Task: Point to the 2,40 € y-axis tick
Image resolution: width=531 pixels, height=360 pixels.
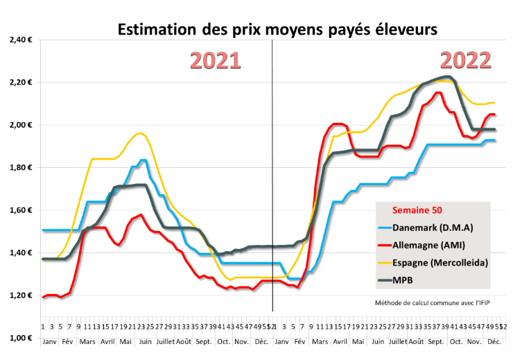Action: pos(21,40)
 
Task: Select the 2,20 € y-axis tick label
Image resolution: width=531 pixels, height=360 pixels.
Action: pos(21,83)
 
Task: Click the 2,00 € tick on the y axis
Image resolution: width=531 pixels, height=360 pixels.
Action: pos(21,125)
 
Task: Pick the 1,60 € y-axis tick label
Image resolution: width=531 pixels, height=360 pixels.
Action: pos(21,210)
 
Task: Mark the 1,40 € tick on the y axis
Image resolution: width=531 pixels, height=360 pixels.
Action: pos(21,252)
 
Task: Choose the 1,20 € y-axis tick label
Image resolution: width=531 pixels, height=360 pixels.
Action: pos(21,295)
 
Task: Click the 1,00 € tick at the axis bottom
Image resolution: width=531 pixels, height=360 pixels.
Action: pos(21,338)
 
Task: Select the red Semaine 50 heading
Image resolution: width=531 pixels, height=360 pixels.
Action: pos(417,209)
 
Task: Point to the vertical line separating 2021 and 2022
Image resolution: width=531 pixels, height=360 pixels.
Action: pos(272,173)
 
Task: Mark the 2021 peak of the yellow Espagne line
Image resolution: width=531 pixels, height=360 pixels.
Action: pos(141,133)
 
